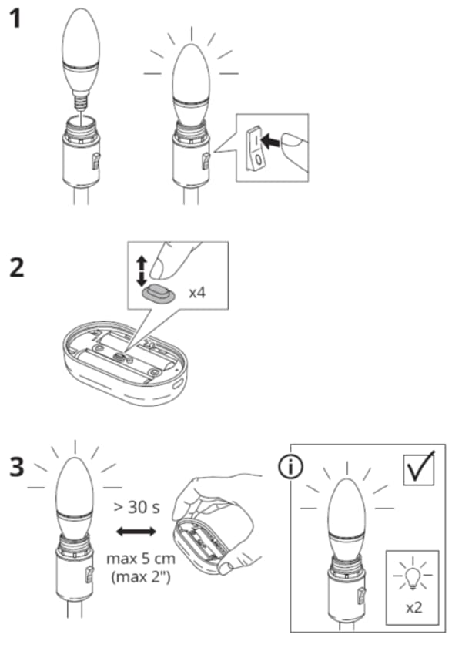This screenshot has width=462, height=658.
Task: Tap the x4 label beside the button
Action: point(198,294)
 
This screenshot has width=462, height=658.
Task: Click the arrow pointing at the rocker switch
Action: point(271,140)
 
